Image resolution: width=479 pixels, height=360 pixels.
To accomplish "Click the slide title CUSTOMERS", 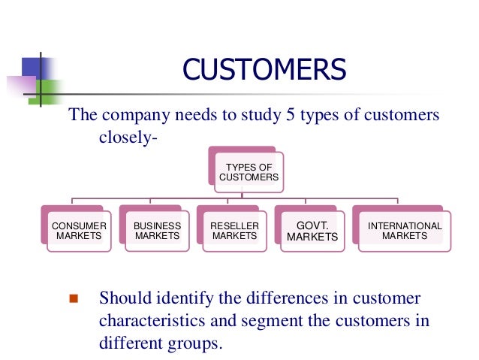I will point(265,71).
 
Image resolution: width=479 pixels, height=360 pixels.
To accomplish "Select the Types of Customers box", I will point(249,172).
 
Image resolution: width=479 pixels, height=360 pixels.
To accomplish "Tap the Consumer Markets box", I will point(79,231).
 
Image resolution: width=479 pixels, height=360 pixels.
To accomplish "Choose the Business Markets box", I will point(158,231).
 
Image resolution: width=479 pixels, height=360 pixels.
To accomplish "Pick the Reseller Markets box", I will point(235,231).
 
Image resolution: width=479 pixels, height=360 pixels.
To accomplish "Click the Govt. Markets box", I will point(313,231).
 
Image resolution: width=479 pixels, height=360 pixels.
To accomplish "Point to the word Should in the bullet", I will point(125,298).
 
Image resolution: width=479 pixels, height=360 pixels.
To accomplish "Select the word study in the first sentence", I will point(254,116).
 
